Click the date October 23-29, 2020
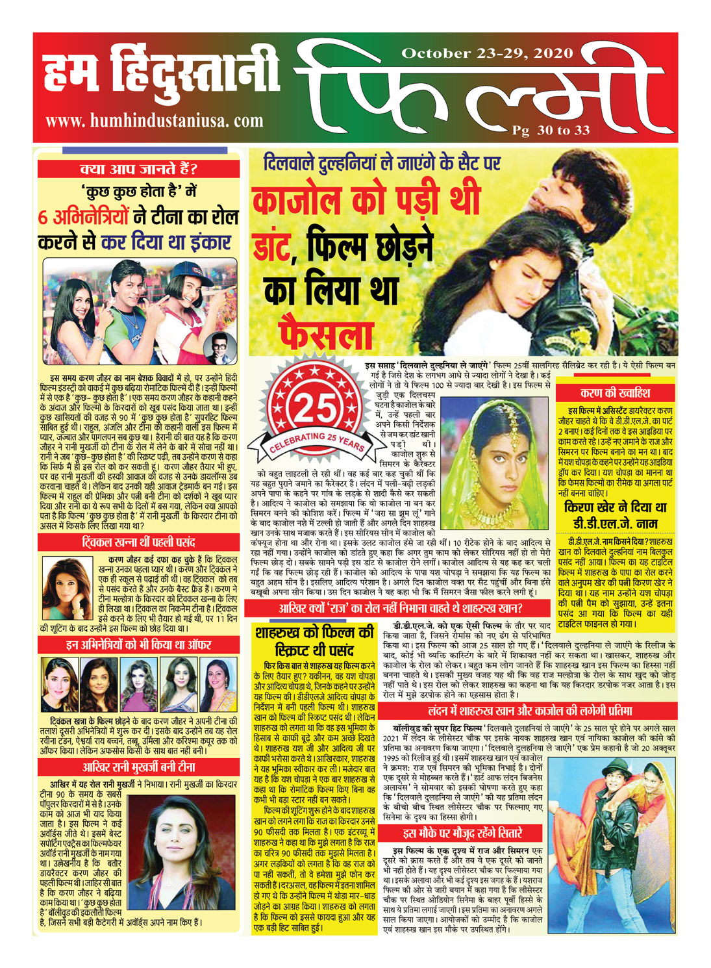(488, 53)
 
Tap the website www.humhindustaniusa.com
(155, 120)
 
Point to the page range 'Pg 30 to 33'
(551, 130)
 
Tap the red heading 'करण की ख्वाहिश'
(614, 393)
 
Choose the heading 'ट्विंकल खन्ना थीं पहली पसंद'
(138, 542)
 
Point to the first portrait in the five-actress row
(58, 685)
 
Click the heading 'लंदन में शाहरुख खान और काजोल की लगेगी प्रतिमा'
(529, 710)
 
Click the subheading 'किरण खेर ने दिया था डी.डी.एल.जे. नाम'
(614, 514)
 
